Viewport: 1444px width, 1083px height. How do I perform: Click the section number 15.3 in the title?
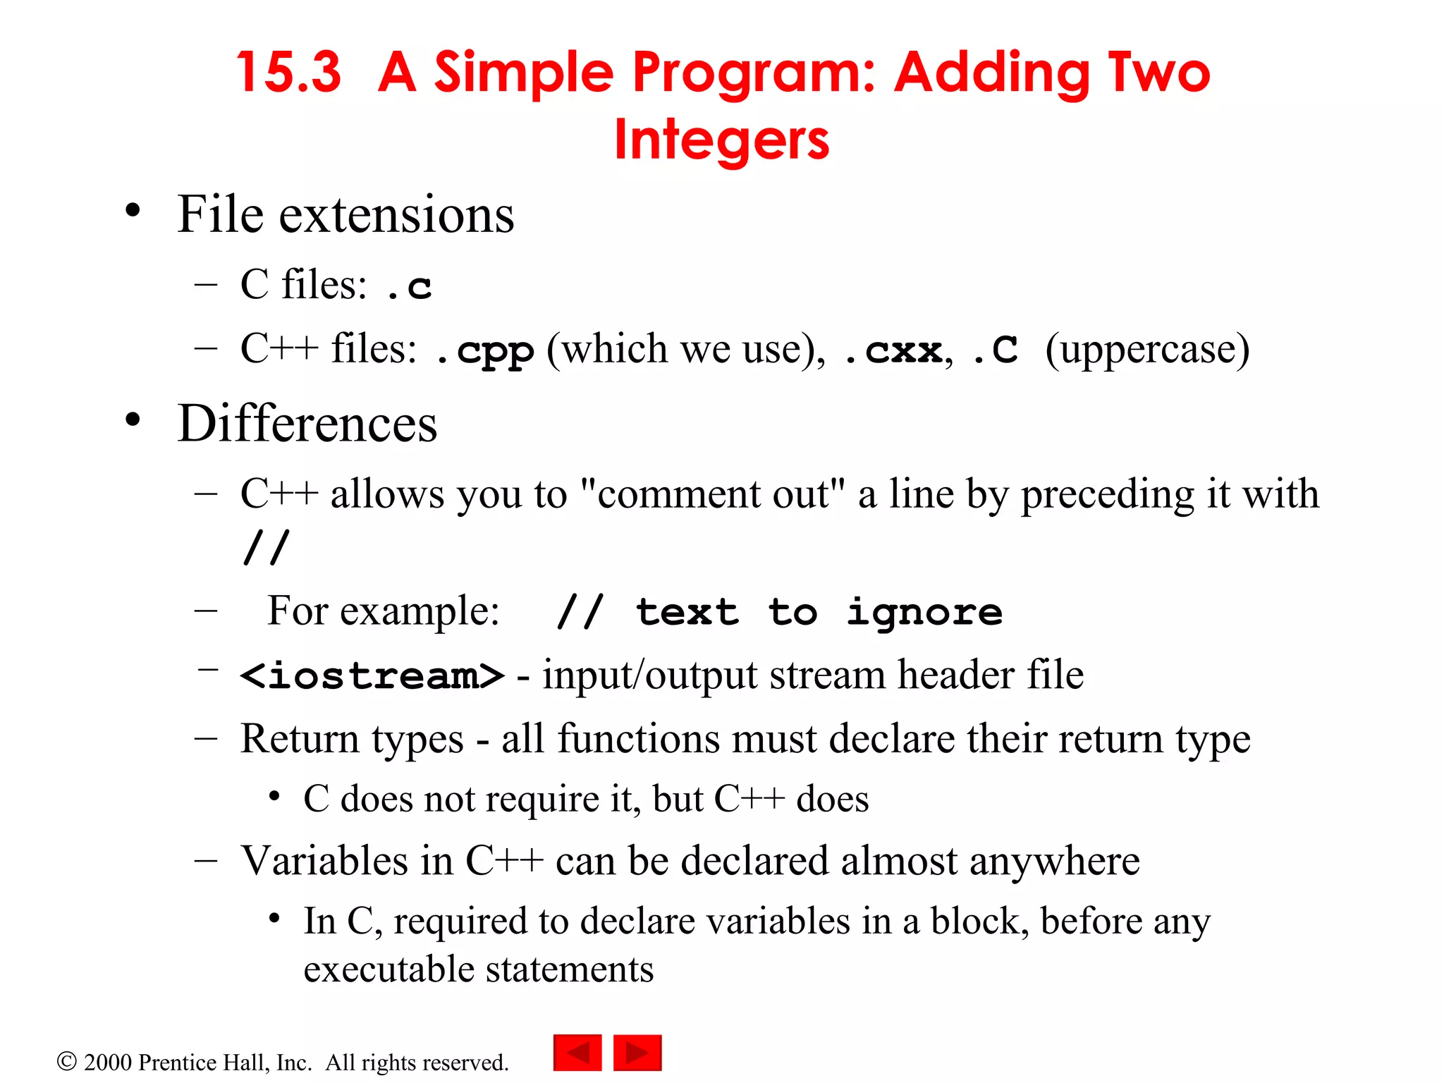(x=289, y=73)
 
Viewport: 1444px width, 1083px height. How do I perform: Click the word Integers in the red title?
(x=721, y=140)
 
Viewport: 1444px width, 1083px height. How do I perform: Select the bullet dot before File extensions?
(x=133, y=211)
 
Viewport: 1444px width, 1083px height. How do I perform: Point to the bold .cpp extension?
(x=486, y=350)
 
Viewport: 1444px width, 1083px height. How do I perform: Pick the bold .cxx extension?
(x=893, y=350)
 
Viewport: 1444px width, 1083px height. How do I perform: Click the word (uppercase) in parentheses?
(x=1147, y=349)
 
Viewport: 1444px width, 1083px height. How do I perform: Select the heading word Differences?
(x=307, y=424)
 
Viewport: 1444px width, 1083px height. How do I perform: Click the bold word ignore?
(x=924, y=612)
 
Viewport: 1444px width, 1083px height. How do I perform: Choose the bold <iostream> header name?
(x=372, y=675)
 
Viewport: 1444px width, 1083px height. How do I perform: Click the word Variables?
(x=324, y=861)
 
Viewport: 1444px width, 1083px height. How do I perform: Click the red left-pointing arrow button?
(x=577, y=1053)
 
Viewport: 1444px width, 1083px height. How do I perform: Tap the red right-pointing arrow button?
(x=637, y=1053)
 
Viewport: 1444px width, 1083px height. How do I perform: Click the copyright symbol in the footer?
(x=66, y=1061)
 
